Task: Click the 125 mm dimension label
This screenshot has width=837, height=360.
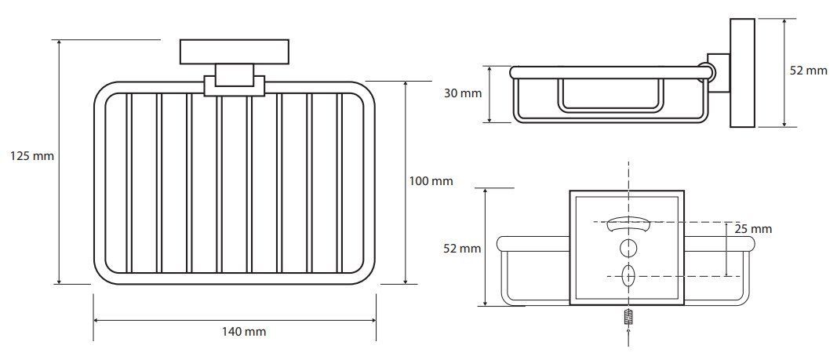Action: click(x=32, y=156)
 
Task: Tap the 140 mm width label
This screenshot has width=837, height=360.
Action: click(x=244, y=332)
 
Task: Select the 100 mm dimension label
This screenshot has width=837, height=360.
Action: click(x=431, y=181)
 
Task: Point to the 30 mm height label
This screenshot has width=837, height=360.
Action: click(x=463, y=93)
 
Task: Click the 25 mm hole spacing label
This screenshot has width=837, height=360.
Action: click(x=753, y=229)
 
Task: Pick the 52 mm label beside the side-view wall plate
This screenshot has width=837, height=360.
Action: click(x=809, y=71)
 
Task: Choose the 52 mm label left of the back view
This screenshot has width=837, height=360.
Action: click(x=463, y=249)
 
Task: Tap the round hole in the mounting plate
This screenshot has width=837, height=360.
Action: click(x=628, y=248)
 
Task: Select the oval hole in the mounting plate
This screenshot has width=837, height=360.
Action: click(x=628, y=275)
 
